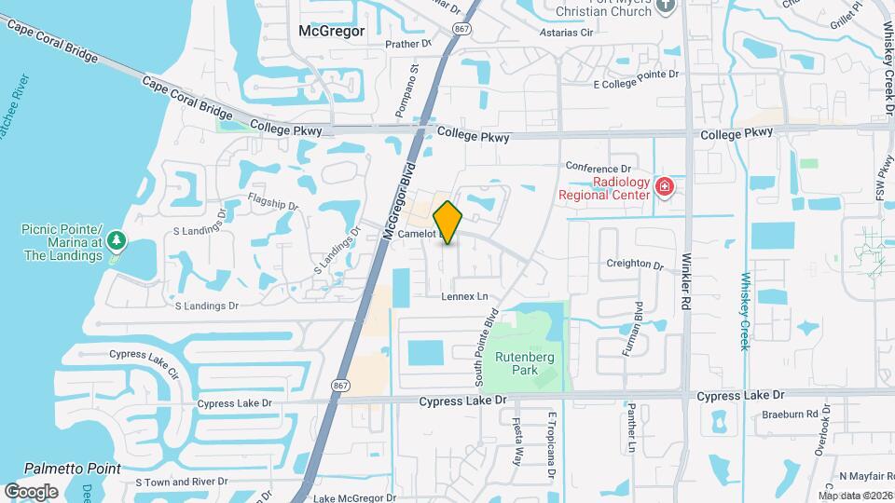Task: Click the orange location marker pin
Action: tap(448, 222)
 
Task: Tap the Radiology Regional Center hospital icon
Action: tap(664, 187)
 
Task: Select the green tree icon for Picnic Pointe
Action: tap(116, 241)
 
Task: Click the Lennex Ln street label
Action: tap(465, 296)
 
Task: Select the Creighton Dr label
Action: tap(634, 265)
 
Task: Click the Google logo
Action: tap(31, 491)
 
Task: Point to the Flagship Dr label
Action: tap(273, 202)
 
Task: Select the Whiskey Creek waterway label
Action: tap(745, 311)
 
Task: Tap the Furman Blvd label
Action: tap(636, 327)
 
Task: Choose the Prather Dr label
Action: tap(408, 43)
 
